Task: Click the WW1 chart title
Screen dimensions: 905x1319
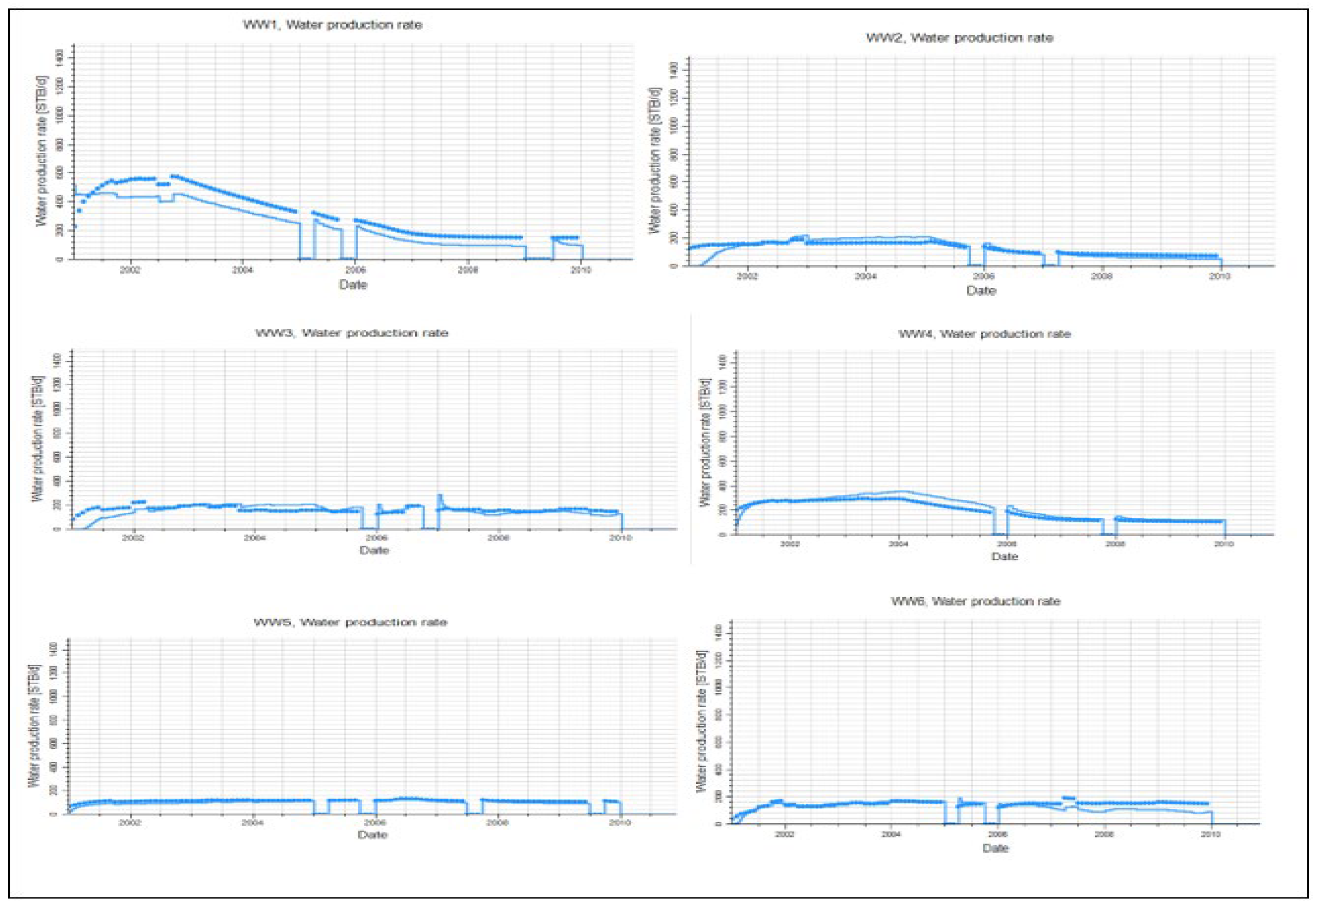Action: point(333,25)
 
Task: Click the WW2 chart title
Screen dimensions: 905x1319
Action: point(959,38)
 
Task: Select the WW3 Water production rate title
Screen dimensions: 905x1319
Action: point(351,333)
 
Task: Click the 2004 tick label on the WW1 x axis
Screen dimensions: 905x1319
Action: point(243,270)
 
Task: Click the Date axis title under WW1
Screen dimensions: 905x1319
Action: point(353,284)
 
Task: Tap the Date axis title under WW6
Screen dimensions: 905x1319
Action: point(996,848)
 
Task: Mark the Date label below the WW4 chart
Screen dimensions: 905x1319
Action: point(1004,557)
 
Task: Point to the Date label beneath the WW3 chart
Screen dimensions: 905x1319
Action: point(374,550)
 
